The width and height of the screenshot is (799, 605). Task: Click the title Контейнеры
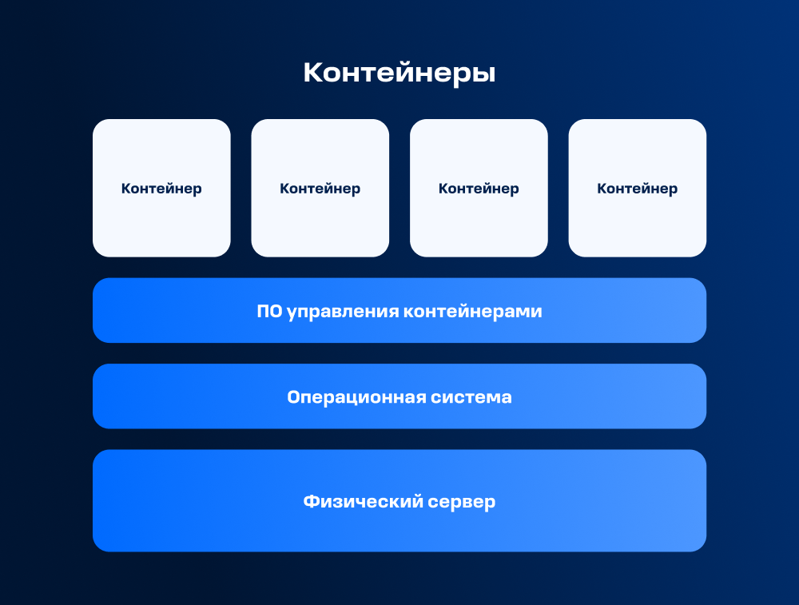click(399, 73)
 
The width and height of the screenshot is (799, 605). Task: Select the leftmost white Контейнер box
click(161, 188)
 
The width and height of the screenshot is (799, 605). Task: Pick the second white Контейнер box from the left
click(320, 188)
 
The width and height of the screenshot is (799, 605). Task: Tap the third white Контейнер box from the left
click(479, 188)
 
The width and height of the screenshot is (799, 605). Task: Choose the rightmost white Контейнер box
click(638, 188)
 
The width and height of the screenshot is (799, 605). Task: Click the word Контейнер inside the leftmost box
click(161, 189)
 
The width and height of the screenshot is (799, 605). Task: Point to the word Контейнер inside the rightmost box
click(638, 189)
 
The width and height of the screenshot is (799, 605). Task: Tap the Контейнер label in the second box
click(320, 189)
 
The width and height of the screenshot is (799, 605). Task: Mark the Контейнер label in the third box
click(479, 189)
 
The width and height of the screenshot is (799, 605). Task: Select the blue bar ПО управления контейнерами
click(399, 310)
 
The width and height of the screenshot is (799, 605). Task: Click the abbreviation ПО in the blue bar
click(269, 311)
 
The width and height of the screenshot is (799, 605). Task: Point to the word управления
click(343, 312)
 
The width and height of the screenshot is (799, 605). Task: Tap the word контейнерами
click(473, 312)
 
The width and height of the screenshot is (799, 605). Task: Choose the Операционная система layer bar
click(399, 396)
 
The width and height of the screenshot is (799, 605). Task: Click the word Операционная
click(356, 397)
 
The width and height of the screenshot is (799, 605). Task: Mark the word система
click(471, 397)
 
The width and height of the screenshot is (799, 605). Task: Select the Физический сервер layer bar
click(399, 500)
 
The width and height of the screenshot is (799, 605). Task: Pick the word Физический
click(364, 502)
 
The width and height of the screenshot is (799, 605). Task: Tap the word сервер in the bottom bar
click(462, 503)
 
